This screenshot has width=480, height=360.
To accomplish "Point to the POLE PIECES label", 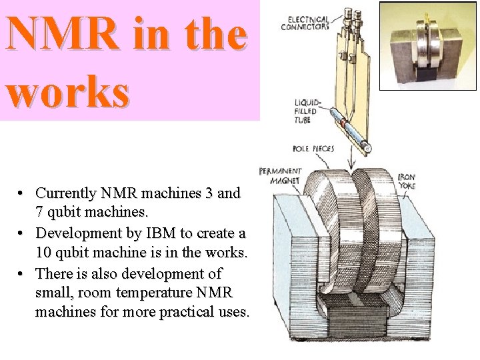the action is [313, 149].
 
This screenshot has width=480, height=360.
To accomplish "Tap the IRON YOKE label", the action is [407, 181].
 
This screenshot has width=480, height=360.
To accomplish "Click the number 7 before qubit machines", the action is [39, 213].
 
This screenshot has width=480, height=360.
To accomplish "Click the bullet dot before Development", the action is [22, 234].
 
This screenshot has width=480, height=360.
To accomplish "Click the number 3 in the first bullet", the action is [210, 193].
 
